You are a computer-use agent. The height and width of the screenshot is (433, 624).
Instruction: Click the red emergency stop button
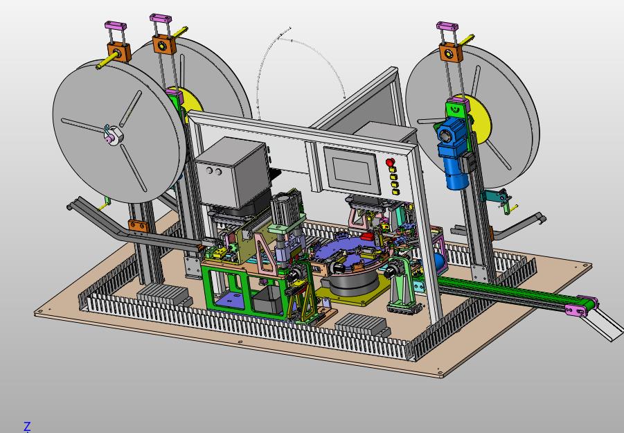[390, 162]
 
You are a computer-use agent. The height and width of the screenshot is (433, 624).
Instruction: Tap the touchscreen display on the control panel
[350, 170]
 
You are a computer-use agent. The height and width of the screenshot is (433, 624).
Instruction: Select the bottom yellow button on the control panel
[395, 192]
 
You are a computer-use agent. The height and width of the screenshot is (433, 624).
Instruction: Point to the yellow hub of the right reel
[479, 119]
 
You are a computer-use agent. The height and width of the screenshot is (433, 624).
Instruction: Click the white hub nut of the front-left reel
[114, 135]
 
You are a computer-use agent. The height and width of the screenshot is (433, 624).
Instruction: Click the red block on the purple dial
[368, 236]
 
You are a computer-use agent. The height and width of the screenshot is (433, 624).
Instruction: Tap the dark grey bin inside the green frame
[269, 299]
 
